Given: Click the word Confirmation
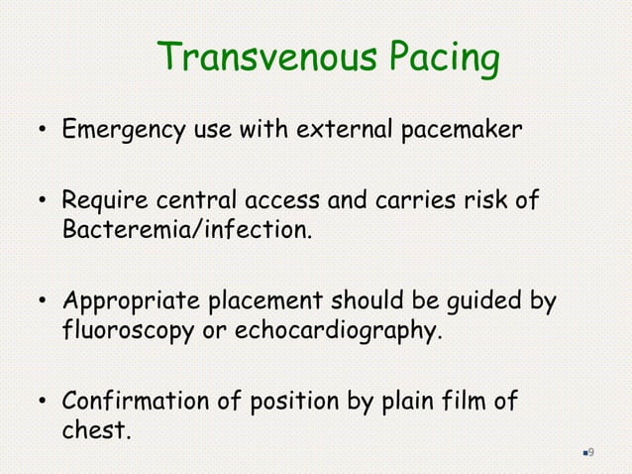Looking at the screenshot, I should pyautogui.click(x=134, y=403).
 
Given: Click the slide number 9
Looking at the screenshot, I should pyautogui.click(x=590, y=452).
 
